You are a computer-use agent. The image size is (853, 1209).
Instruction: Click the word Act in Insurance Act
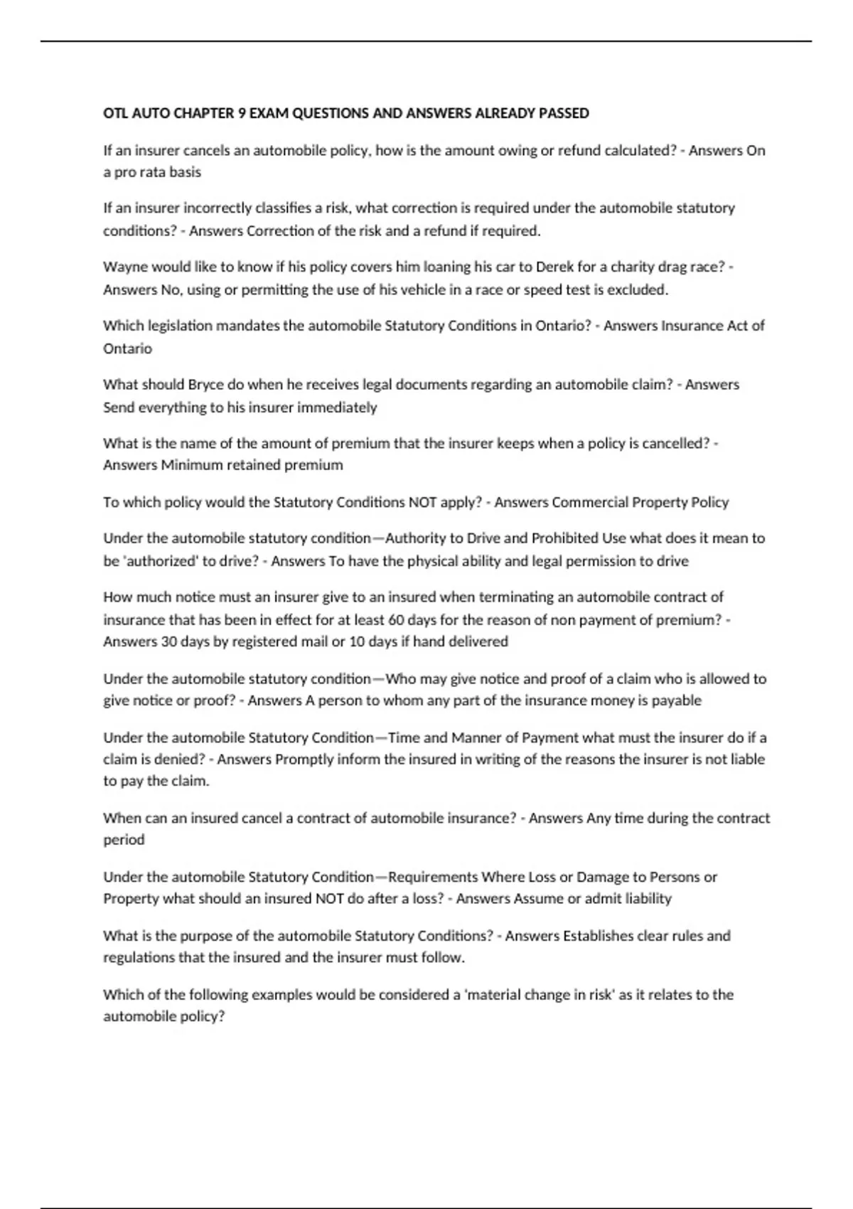pos(737,325)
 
